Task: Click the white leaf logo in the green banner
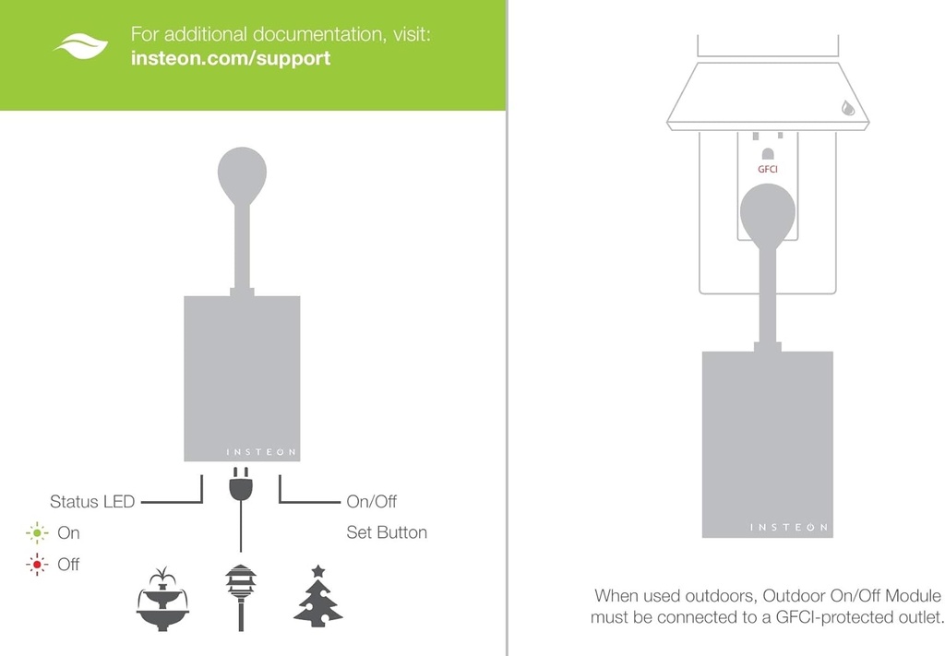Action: coord(81,45)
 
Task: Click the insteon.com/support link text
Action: coord(231,58)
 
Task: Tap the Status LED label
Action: coord(92,502)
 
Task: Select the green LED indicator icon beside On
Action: coord(37,532)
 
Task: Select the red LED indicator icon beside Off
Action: coord(37,564)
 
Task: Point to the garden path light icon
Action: coord(240,596)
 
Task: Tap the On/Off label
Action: coord(372,502)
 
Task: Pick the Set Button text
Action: coord(387,532)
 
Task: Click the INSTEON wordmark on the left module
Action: coord(261,452)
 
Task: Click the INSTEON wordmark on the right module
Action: coord(788,528)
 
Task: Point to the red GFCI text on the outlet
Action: coord(768,170)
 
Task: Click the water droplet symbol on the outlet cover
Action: coord(848,107)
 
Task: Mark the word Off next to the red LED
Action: coord(68,564)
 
